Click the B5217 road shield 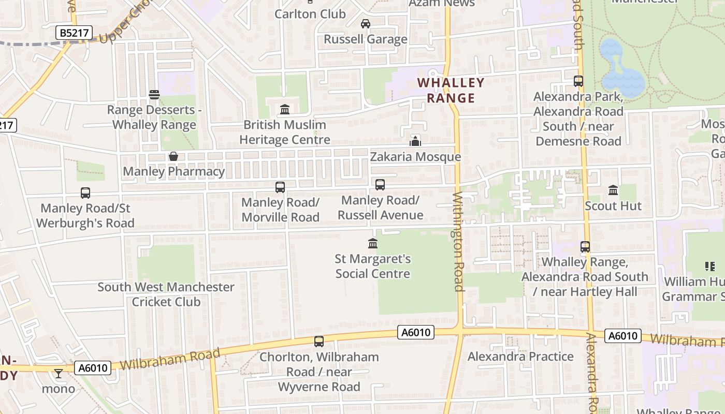[74, 33]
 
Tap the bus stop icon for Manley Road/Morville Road [280, 187]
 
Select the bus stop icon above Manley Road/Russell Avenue [380, 185]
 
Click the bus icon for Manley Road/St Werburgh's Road [85, 193]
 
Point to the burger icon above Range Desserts [154, 95]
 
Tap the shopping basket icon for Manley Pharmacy [173, 156]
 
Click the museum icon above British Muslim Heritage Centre [284, 110]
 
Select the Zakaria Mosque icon [415, 141]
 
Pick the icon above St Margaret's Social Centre [372, 243]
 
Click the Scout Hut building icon [613, 190]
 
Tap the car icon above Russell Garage [366, 24]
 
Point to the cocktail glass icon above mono [59, 373]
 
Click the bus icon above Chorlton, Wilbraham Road [319, 342]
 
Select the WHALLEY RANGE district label [451, 90]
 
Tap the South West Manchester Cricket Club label [166, 294]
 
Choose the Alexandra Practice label [520, 357]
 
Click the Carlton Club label [310, 13]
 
